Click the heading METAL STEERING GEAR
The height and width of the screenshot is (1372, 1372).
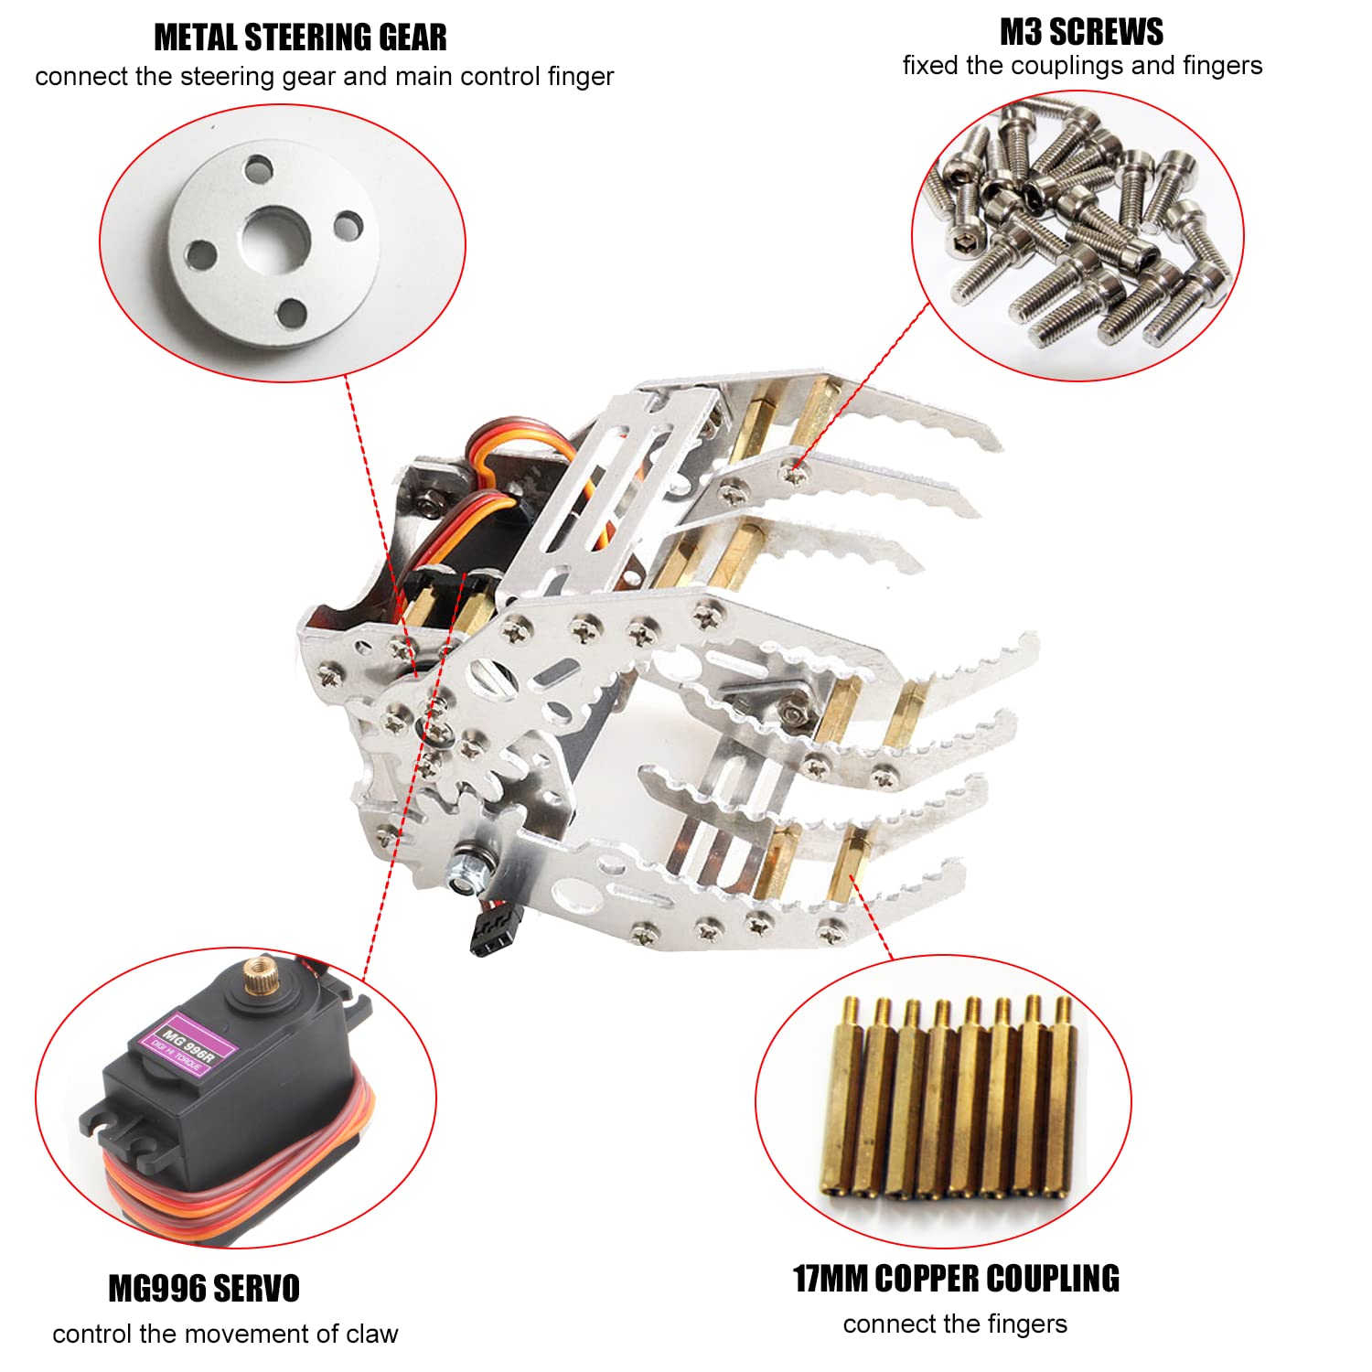click(x=300, y=38)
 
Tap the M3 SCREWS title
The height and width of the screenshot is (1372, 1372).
click(x=1081, y=32)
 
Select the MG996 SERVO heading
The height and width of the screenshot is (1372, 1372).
click(x=204, y=1288)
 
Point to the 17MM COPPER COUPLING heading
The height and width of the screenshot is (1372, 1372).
click(x=956, y=1278)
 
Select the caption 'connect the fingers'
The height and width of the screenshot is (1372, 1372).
click(x=955, y=1324)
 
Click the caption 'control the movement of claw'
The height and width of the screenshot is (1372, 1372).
click(x=225, y=1334)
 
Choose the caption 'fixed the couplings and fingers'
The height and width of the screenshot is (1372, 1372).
click(x=1082, y=66)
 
